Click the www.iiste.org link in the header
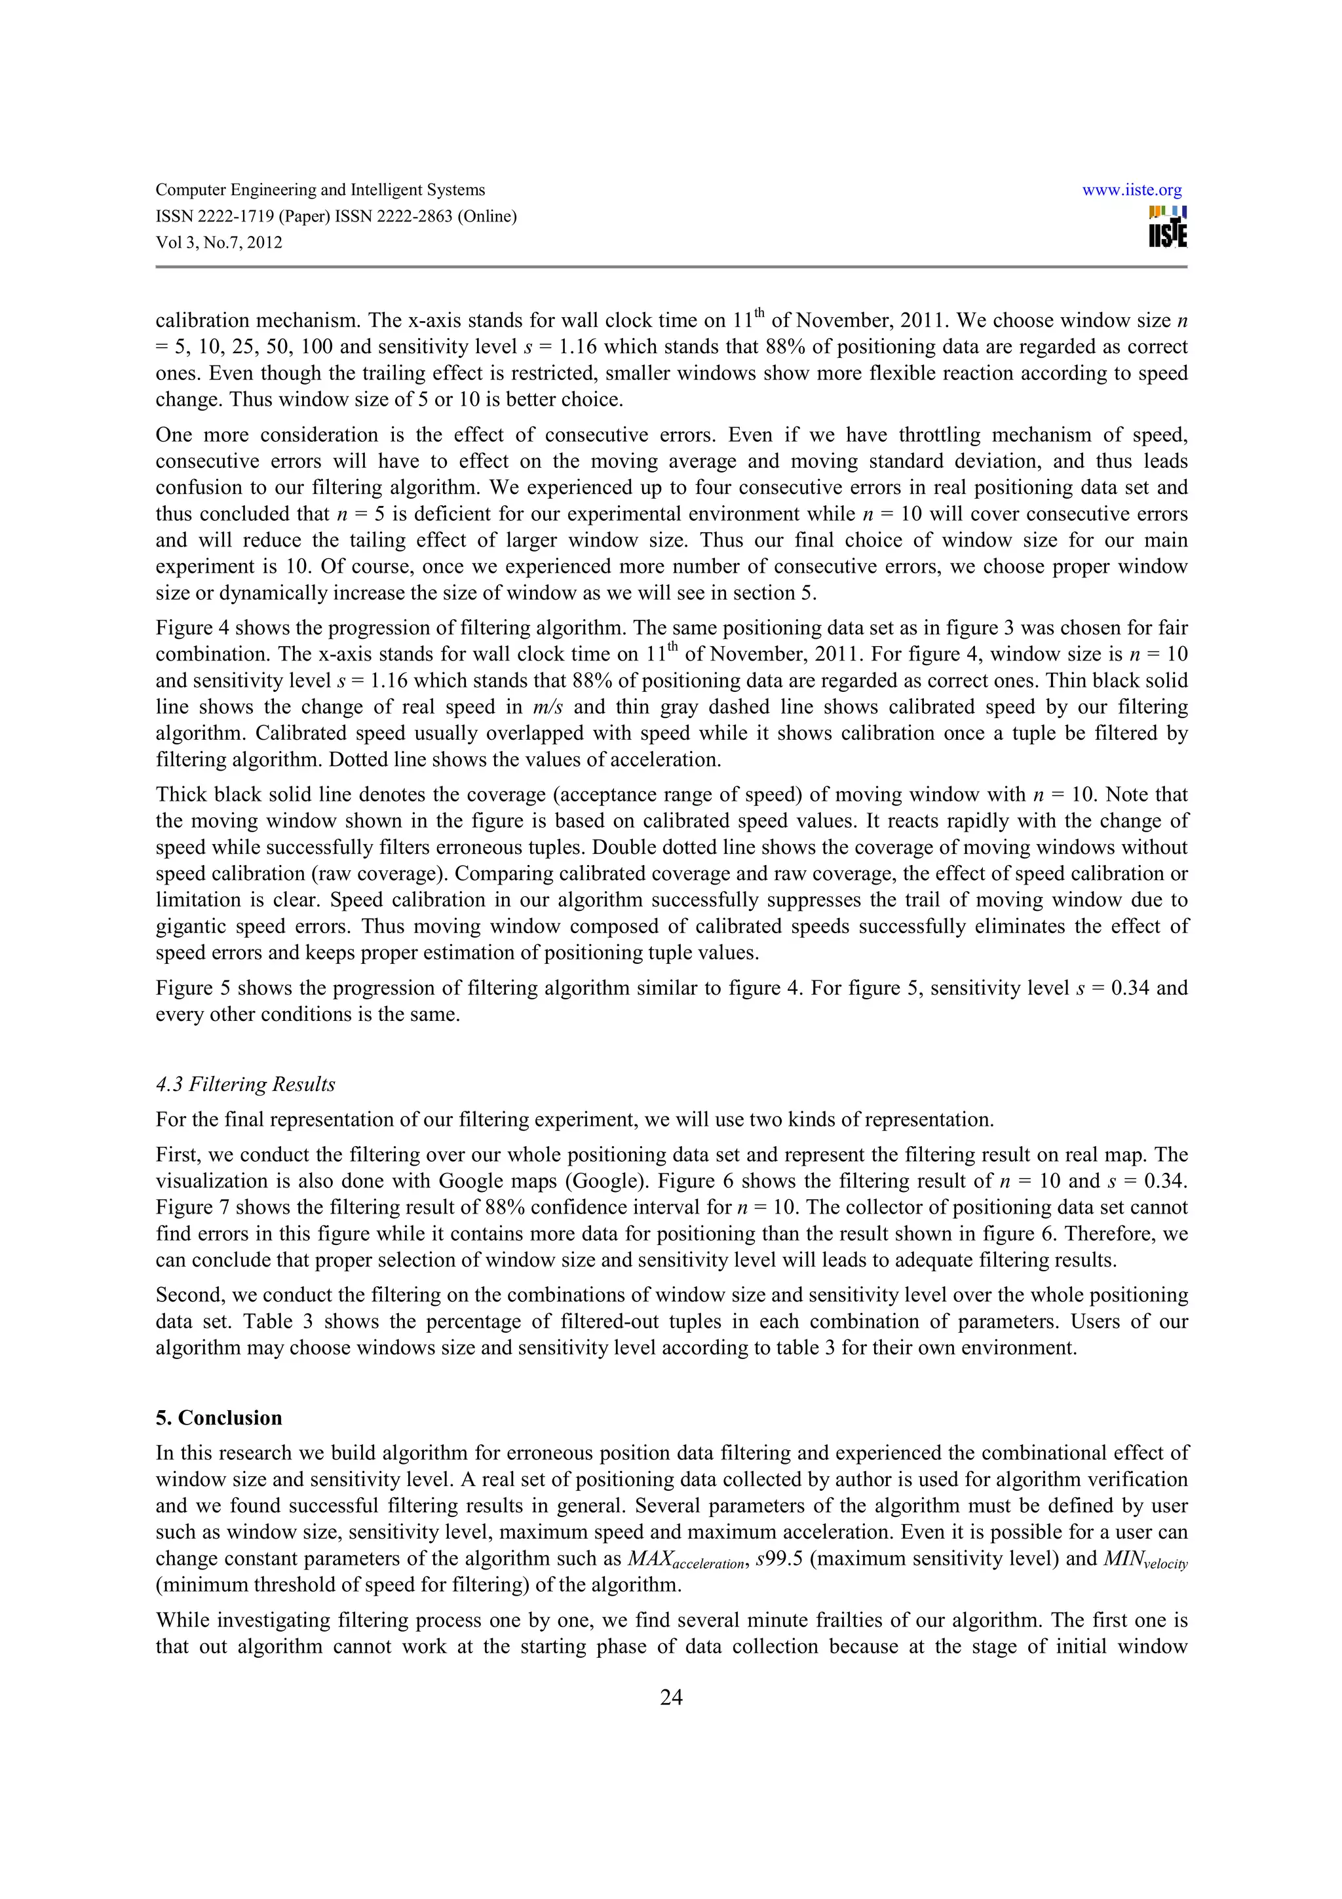point(1131,190)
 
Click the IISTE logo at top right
point(1168,227)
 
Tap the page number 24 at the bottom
point(670,1697)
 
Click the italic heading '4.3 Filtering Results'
point(246,1084)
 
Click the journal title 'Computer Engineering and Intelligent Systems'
point(320,190)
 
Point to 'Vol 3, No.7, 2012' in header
point(218,242)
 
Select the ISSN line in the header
point(335,217)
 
